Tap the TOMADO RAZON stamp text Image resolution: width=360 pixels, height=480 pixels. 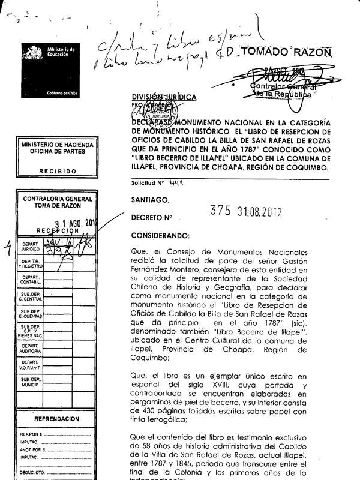tap(295, 52)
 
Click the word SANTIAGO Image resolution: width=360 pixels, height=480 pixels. tap(150, 200)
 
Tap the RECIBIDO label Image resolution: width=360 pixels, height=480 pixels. tap(58, 171)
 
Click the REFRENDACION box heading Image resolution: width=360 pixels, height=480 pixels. tap(58, 419)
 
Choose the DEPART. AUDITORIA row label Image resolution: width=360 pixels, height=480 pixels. tap(31, 349)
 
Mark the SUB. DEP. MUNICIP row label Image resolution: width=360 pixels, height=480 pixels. tap(31, 382)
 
